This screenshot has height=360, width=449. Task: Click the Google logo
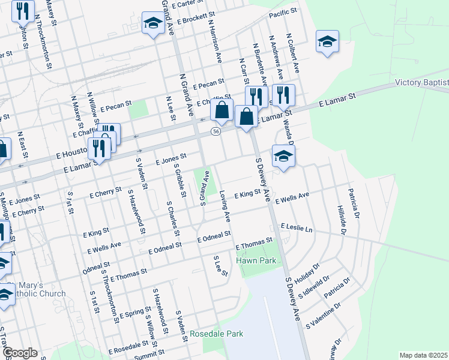[20, 353]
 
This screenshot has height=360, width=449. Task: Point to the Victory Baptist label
[422, 82]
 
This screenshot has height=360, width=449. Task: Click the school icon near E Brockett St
[153, 25]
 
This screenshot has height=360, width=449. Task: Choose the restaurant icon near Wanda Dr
[283, 95]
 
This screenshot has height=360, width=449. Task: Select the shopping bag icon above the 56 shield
[221, 110]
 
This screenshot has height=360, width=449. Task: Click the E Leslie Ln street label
[297, 228]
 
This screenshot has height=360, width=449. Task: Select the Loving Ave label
[226, 205]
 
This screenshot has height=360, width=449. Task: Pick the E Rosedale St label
[128, 347]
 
